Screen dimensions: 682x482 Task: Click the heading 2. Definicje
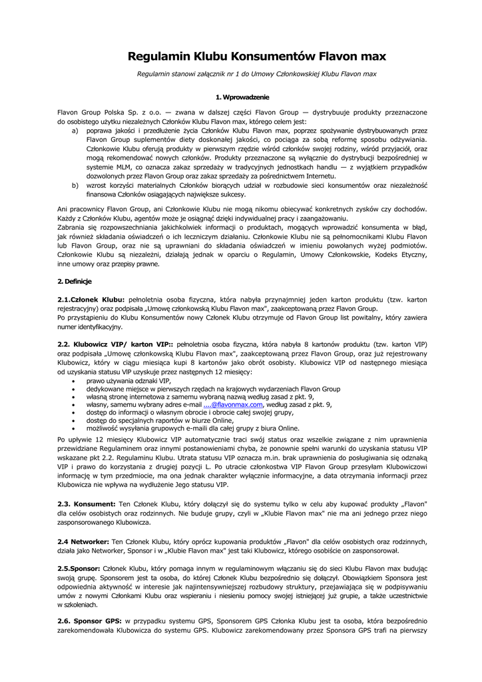[x=74, y=282]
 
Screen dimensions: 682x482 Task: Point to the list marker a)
[x=75, y=132]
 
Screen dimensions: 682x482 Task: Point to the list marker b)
[x=75, y=184]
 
